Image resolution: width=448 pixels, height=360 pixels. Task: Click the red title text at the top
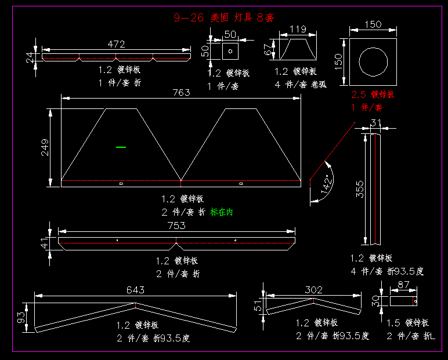pyautogui.click(x=223, y=18)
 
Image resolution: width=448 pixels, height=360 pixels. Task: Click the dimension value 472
pyautogui.click(x=116, y=44)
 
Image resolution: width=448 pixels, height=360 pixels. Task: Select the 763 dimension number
pyautogui.click(x=181, y=93)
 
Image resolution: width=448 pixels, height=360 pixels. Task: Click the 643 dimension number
pyautogui.click(x=135, y=290)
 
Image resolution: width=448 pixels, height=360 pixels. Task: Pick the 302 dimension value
pyautogui.click(x=313, y=290)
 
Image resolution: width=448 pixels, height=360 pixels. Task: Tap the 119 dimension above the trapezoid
pyautogui.click(x=298, y=29)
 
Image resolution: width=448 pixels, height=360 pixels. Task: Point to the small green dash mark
pyautogui.click(x=121, y=147)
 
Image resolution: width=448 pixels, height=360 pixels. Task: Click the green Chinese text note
pyautogui.click(x=222, y=212)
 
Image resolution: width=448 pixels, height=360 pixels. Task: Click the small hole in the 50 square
pyautogui.click(x=230, y=50)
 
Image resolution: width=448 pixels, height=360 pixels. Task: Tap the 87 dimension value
pyautogui.click(x=403, y=285)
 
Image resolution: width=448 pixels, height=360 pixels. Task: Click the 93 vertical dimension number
pyautogui.click(x=21, y=317)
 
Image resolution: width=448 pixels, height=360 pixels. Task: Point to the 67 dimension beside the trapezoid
pyautogui.click(x=268, y=50)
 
